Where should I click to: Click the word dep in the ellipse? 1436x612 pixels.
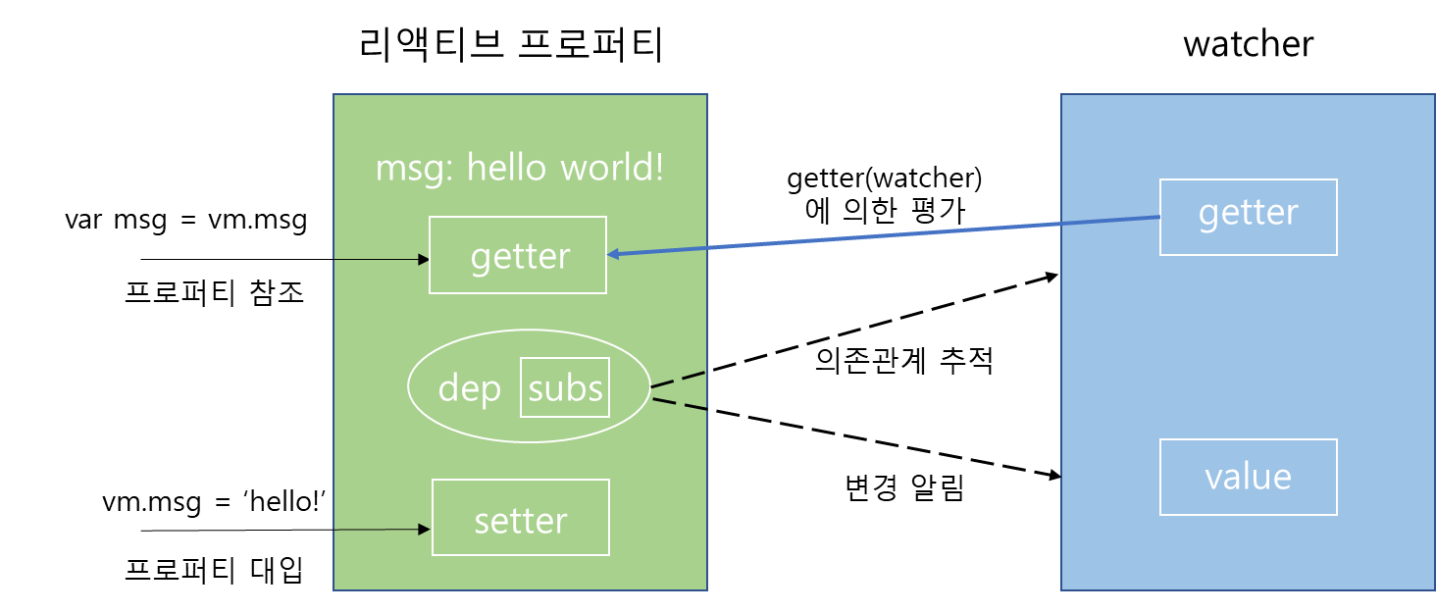click(469, 388)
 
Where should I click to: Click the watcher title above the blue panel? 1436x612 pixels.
click(1249, 44)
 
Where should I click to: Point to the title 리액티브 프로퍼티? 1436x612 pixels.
click(511, 45)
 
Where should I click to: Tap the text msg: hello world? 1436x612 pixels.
click(519, 168)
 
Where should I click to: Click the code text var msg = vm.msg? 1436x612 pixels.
click(186, 220)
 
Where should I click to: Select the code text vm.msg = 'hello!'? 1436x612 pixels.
click(214, 501)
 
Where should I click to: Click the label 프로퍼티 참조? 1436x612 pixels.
click(214, 293)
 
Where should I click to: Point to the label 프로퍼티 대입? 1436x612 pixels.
click(214, 570)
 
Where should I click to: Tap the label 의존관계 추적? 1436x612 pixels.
click(904, 360)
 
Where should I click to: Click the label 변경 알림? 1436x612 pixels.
click(904, 487)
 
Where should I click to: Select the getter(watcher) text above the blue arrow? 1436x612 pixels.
click(885, 178)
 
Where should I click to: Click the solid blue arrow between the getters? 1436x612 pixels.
click(884, 235)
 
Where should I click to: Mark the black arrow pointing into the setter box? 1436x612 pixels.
click(285, 530)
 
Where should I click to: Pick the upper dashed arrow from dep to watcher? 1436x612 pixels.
click(854, 331)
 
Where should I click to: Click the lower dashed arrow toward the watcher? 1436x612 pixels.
click(856, 438)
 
